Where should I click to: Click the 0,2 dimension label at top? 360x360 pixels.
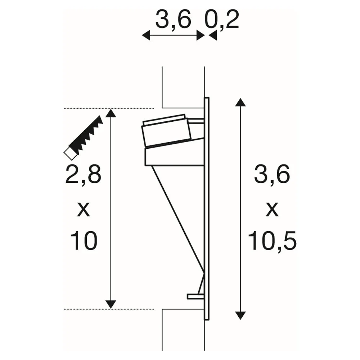[222, 20]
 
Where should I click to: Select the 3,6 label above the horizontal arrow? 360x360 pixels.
[174, 20]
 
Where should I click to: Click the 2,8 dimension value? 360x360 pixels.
[83, 175]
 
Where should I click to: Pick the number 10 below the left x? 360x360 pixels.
[84, 240]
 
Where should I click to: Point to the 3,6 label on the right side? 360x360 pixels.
[272, 175]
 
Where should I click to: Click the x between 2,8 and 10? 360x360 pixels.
[84, 210]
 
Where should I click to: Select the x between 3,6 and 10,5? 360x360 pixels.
[272, 210]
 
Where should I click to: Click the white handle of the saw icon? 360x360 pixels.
[70, 154]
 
